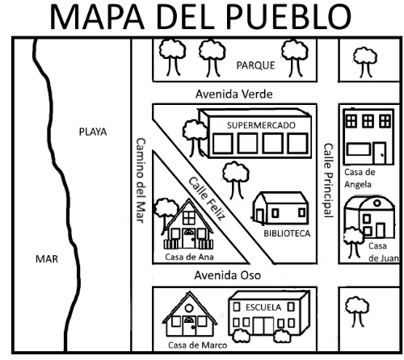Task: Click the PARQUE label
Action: point(255,65)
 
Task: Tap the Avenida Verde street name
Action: point(234,94)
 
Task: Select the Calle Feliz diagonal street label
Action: point(207,199)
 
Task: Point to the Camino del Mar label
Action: point(141,180)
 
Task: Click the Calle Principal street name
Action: point(328,180)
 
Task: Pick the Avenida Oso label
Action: point(228,275)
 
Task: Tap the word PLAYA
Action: point(93,132)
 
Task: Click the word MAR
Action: point(47,259)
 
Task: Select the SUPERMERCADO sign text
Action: point(261,125)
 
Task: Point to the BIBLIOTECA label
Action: point(287,233)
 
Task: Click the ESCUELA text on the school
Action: point(263,308)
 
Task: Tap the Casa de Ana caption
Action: point(189,257)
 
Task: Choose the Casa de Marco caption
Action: point(197,345)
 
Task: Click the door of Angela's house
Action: point(380,153)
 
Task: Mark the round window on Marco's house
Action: point(189,308)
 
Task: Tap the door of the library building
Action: point(260,216)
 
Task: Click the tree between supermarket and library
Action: point(236,180)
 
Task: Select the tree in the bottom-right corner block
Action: point(357,312)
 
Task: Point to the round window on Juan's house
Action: point(377,203)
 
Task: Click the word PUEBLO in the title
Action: point(288,17)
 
